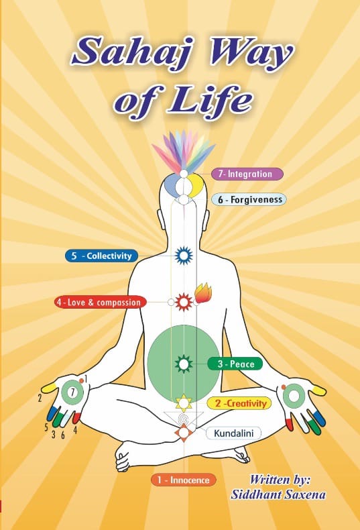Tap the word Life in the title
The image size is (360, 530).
pos(210,100)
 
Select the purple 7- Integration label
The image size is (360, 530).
pos(247,174)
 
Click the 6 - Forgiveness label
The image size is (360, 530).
pos(249,199)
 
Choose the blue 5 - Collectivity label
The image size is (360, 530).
pos(102,256)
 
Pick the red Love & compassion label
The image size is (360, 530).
pos(101,302)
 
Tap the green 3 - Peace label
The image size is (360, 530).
pos(235,364)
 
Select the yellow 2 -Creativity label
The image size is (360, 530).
pos(239,403)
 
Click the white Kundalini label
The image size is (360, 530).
pos(233,433)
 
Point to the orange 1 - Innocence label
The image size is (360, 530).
pos(184,480)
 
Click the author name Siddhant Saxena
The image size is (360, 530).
pos(278,494)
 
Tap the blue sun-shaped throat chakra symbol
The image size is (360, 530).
pos(184,255)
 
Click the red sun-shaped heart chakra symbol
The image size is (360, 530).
pos(184,302)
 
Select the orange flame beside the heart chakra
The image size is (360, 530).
pos(203,293)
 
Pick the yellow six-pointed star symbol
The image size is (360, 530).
pos(184,403)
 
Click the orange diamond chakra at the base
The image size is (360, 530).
pos(184,432)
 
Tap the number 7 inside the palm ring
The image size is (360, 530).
pos(72,392)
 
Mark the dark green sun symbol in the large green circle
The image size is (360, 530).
pos(184,364)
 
